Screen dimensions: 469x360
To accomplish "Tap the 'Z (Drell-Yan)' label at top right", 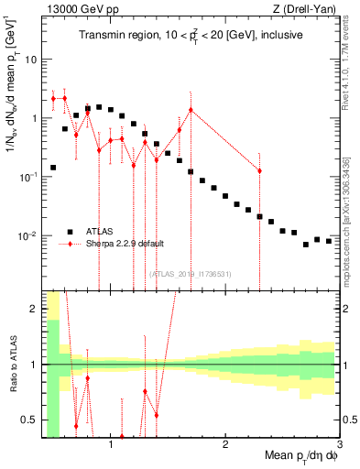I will pos(309,10).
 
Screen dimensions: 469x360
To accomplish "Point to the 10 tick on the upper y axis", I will pos(31,60).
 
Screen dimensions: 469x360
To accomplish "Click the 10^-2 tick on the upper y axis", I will pos(27,236).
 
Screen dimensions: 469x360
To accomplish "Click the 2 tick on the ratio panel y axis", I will pos(34,309).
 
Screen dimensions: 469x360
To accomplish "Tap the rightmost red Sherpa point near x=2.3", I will pos(260,171).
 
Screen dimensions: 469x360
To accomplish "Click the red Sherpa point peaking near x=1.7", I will pos(191,110).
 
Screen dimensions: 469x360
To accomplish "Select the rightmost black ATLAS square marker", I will pos(329,241).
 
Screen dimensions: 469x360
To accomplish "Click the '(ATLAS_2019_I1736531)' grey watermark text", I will pos(191,274).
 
